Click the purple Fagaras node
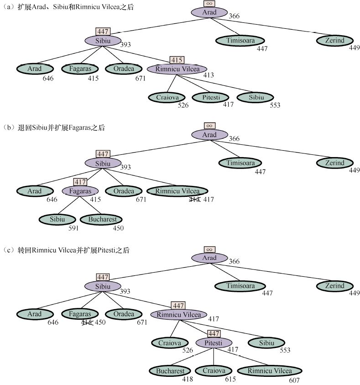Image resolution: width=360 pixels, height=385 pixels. [80, 191]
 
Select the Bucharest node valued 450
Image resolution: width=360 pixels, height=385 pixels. [102, 219]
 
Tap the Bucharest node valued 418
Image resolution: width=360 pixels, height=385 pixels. [170, 371]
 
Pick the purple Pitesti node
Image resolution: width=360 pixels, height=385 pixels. [214, 343]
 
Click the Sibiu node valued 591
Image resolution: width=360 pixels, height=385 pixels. [57, 219]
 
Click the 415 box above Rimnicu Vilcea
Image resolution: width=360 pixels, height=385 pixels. [177, 60]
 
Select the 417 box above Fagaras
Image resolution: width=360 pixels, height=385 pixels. [80, 182]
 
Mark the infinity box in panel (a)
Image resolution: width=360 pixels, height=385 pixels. [209, 3]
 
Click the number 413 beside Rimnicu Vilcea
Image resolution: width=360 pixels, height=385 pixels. [209, 75]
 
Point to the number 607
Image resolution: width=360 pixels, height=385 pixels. [295, 380]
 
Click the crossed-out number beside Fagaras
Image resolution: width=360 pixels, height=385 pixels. [87, 323]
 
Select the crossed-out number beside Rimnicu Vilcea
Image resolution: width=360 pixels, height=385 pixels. [195, 199]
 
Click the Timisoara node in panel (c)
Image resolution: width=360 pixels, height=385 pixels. [240, 286]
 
